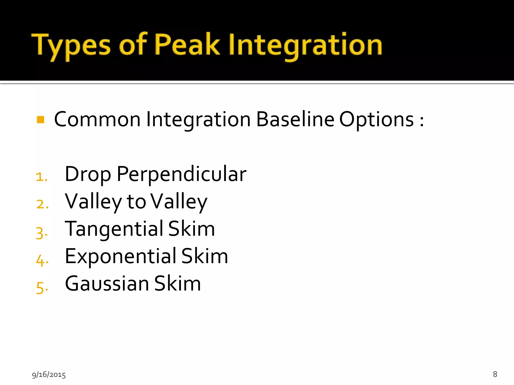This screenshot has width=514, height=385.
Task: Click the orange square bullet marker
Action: [40, 120]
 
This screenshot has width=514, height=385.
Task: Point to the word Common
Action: [97, 120]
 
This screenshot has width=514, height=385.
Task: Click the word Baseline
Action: [295, 120]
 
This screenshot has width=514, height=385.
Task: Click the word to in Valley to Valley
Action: [136, 202]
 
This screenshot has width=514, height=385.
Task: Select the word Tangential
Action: [114, 229]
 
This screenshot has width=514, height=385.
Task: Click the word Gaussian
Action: [107, 284]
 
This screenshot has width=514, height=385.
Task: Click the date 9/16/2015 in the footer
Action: [49, 374]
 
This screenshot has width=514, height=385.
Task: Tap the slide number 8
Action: [495, 374]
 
